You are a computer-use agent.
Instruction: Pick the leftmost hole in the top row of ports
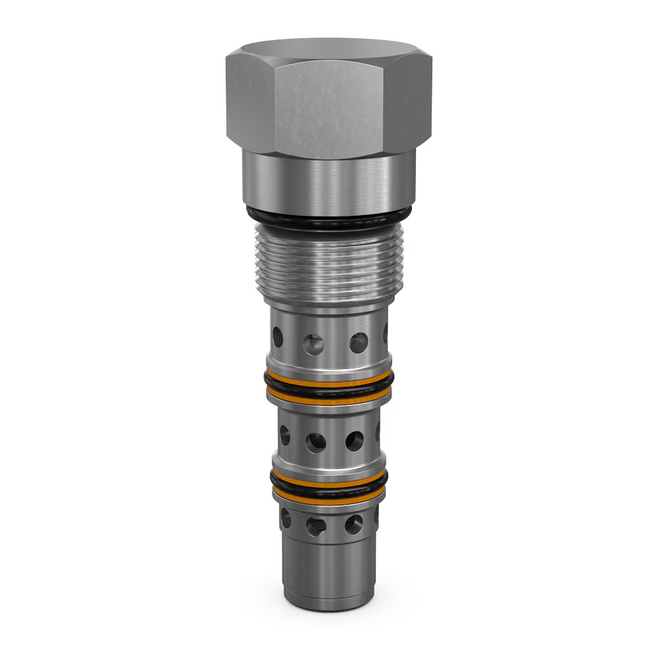coord(278,337)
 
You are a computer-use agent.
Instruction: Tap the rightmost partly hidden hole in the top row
coord(386,334)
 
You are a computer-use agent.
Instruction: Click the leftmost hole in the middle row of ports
coord(284,434)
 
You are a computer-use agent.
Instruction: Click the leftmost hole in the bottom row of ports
coord(286,518)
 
